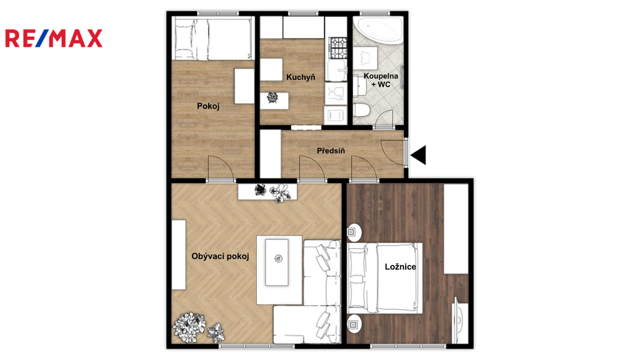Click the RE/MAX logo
pos(54,38)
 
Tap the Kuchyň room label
pos(301,77)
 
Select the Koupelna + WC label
pos(381,80)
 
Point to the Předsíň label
pos(331,151)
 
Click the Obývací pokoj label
pos(221,256)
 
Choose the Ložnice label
pos(401,266)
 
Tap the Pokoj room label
pos(208,106)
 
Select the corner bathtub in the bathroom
pos(378,30)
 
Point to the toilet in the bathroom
pos(361,110)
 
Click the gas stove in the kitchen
pos(338,47)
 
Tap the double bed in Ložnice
pos(385,278)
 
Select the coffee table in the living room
pos(277,262)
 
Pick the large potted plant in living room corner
pos(189,327)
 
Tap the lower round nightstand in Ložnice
pos(354,324)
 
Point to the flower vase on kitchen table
pos(272,97)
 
